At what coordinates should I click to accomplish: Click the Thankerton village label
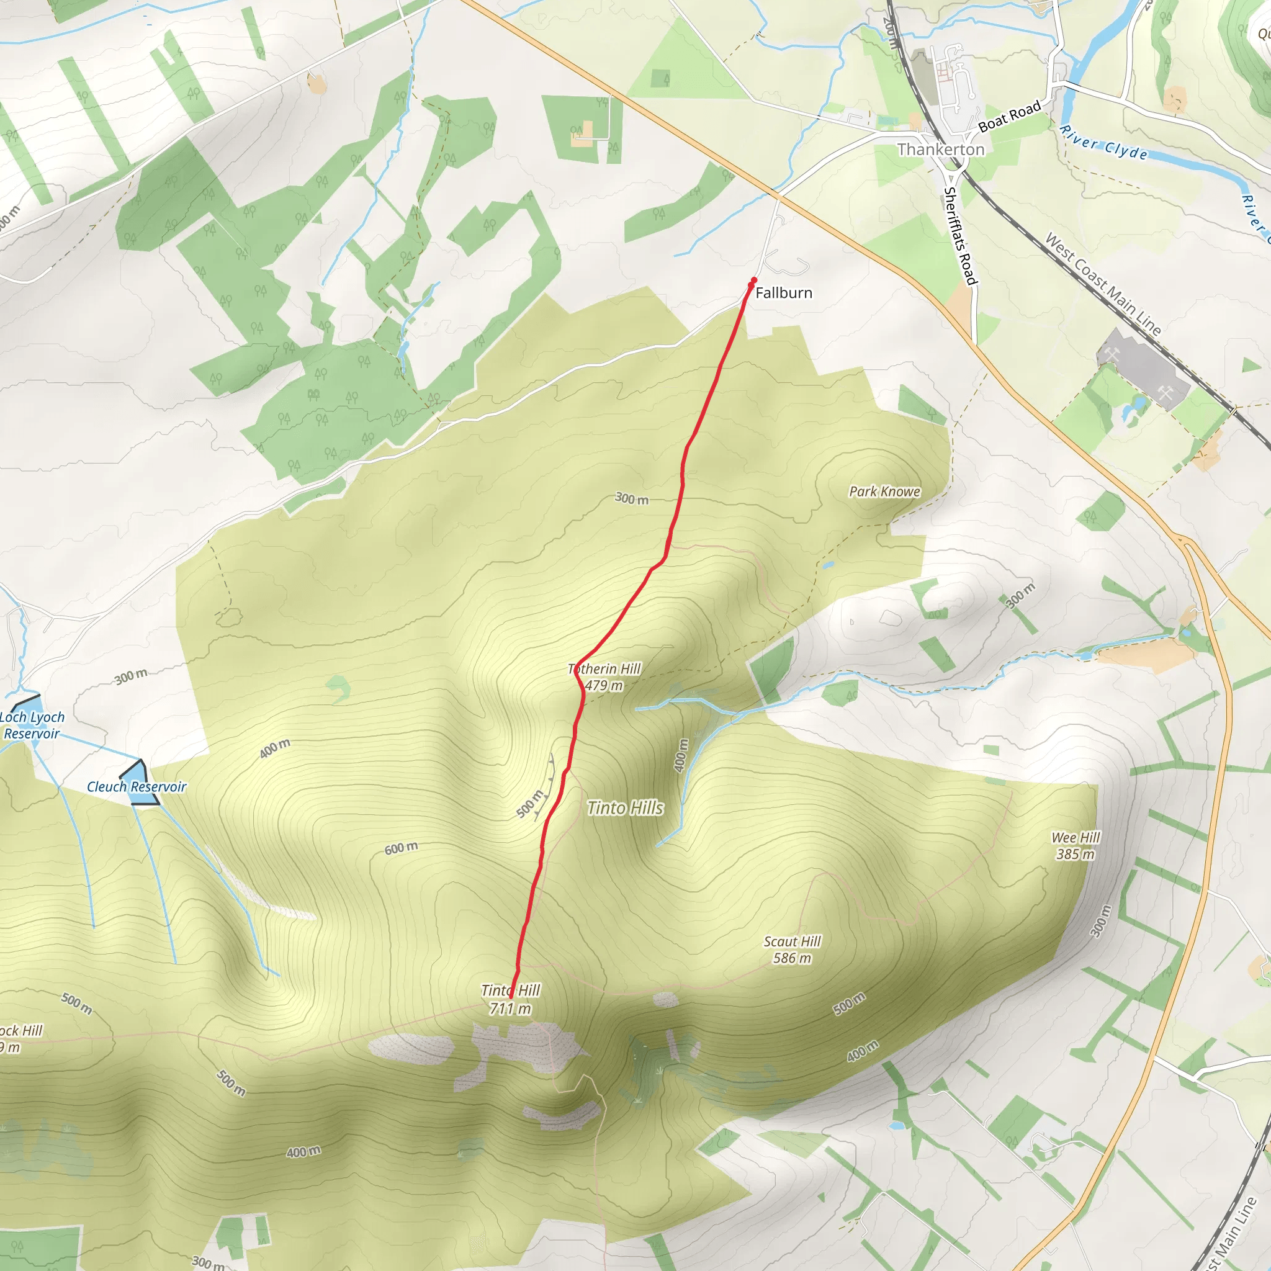click(x=941, y=150)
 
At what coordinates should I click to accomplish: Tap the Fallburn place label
click(x=784, y=293)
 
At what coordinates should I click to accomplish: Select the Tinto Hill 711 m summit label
click(x=510, y=999)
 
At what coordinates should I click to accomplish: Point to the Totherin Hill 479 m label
click(x=604, y=677)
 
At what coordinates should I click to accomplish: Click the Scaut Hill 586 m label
click(x=792, y=950)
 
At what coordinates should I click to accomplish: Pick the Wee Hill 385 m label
click(x=1076, y=845)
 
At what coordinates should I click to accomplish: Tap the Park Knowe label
click(x=884, y=492)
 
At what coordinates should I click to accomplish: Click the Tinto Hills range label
click(x=625, y=808)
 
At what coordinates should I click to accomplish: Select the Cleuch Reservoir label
click(x=136, y=787)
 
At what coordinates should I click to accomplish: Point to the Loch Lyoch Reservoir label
click(x=32, y=725)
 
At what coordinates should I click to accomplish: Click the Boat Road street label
click(x=1009, y=117)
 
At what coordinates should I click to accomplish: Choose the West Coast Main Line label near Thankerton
click(x=1103, y=284)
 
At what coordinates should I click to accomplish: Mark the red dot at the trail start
click(x=754, y=281)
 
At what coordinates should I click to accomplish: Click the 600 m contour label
click(x=401, y=848)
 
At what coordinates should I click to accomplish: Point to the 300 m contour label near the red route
click(x=632, y=499)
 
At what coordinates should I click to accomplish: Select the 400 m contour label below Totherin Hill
click(x=681, y=755)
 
